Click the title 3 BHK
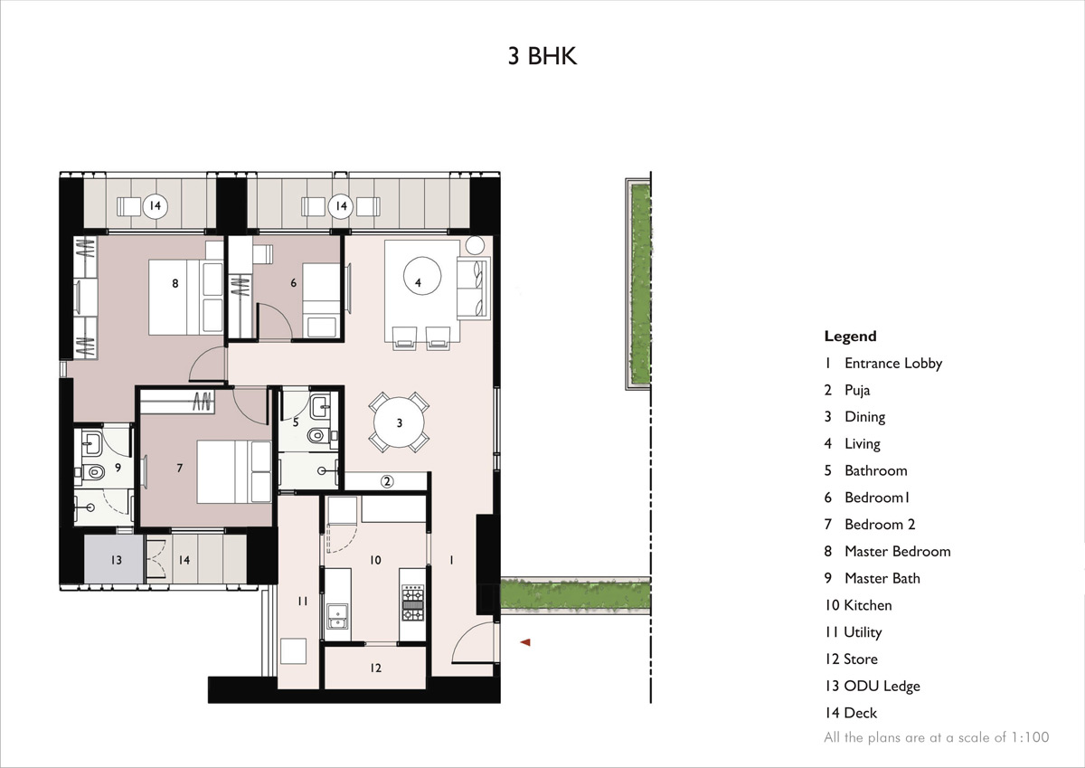(x=542, y=56)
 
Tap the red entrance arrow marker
(x=524, y=642)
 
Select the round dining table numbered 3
(x=400, y=422)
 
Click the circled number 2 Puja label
(x=387, y=481)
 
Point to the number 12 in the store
(x=375, y=668)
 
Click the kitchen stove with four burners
(x=412, y=603)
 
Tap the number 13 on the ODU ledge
(x=116, y=561)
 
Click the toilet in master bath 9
(x=95, y=471)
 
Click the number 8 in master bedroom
(x=175, y=283)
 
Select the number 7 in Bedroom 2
(x=179, y=468)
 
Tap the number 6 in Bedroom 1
(x=293, y=283)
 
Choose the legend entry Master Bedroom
(x=897, y=551)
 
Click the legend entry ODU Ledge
(x=882, y=686)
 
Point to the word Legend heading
(x=850, y=337)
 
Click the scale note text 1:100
(x=1030, y=737)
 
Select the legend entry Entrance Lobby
(x=892, y=363)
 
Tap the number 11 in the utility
(x=301, y=601)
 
